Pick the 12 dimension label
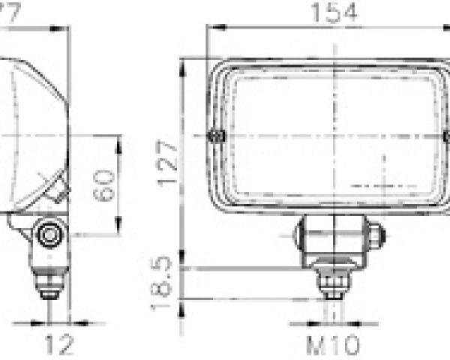pos(58,344)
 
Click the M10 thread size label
pos(333,345)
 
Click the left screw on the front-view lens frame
pos(217,136)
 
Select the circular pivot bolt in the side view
pos(49,235)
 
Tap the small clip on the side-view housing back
pos(58,190)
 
